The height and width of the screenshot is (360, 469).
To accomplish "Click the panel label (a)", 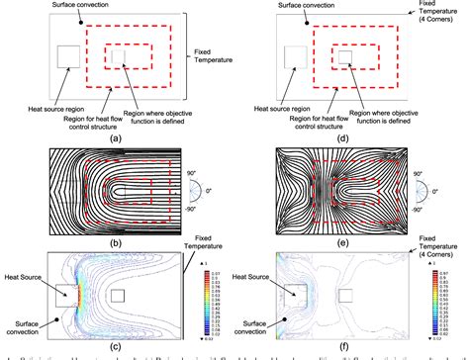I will pos(116,140).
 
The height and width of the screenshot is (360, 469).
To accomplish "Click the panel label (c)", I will pos(116,346).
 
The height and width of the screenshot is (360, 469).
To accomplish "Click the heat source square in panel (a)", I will pos(70,56).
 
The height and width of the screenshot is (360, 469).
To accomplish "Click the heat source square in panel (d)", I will pos(298,56).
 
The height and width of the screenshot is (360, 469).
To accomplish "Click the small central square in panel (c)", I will pos(116,295).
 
